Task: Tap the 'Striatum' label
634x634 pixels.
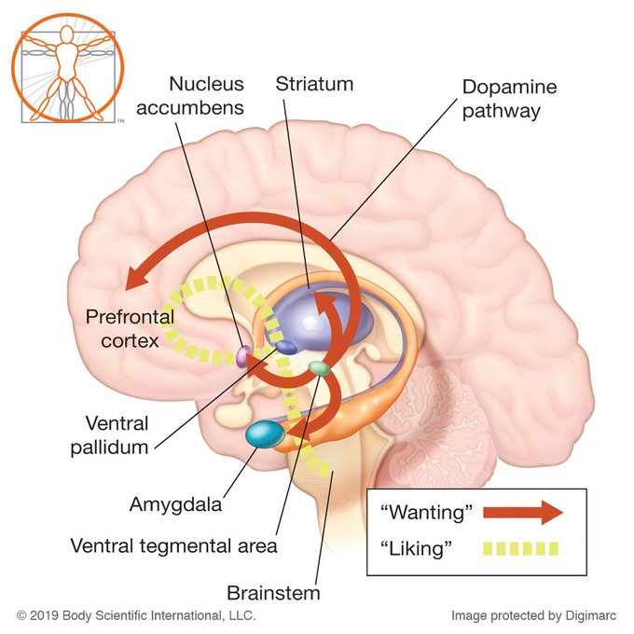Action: coord(315,84)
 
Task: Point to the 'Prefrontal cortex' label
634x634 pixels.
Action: coord(122,328)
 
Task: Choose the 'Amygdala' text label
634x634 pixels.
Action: coord(176,505)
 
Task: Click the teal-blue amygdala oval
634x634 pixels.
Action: coord(266,434)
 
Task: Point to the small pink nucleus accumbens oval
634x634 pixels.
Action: coord(241,355)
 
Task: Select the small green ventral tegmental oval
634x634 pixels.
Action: coord(320,368)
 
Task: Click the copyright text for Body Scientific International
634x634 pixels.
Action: coord(136,615)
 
